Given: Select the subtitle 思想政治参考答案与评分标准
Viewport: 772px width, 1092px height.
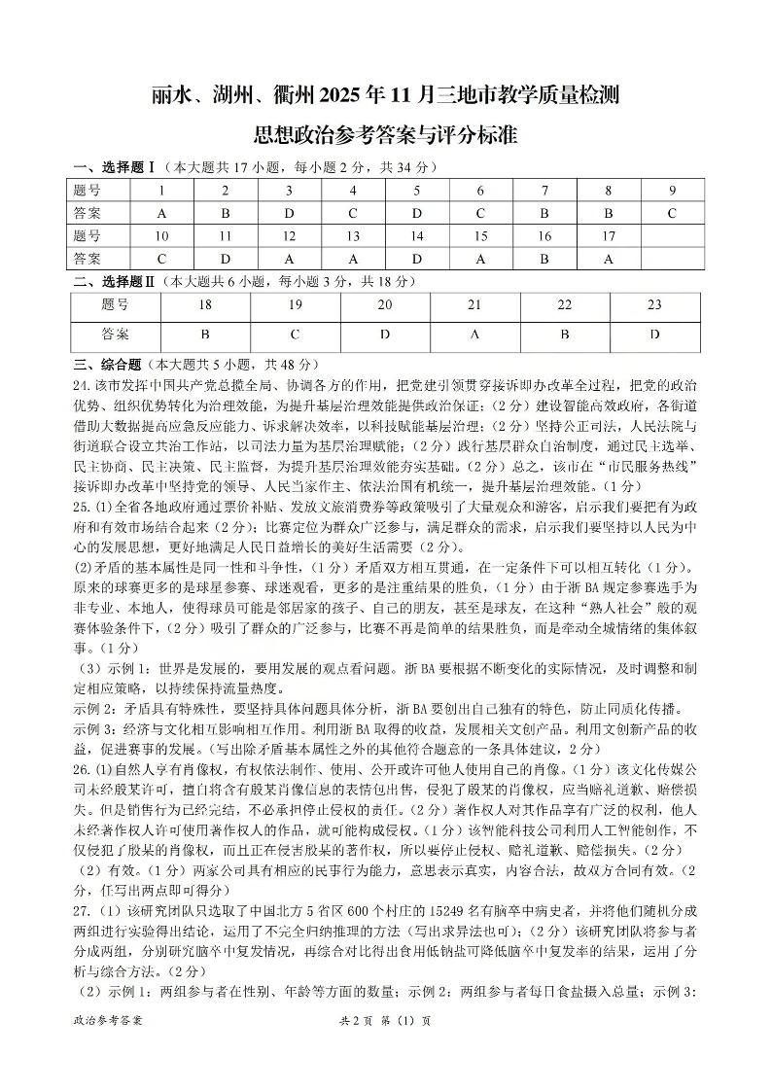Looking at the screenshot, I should click(385, 134).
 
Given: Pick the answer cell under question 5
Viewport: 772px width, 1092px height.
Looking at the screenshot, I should click(416, 213).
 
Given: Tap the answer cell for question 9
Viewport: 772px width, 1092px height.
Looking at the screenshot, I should click(671, 213).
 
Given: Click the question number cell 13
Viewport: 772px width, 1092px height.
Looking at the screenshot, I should click(352, 235).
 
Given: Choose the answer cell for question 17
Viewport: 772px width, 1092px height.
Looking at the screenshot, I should click(608, 258).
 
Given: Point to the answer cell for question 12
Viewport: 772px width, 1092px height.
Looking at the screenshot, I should click(288, 258).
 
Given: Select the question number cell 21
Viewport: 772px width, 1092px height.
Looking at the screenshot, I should click(474, 305).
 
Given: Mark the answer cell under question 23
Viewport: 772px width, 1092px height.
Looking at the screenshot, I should click(654, 335).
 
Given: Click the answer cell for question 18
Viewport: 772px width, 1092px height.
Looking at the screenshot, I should click(205, 335).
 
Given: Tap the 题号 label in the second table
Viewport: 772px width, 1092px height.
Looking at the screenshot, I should click(115, 305).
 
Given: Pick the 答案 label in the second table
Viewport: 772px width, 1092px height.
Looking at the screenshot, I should click(115, 335).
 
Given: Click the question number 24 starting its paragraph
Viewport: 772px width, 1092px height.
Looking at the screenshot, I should click(81, 385).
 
